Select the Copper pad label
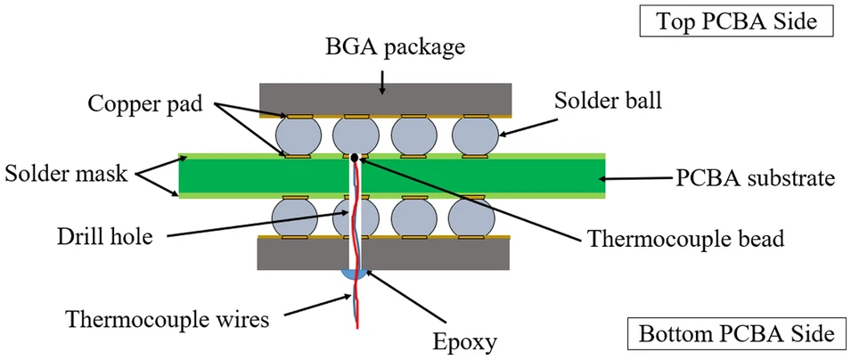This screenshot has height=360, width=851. click(145, 102)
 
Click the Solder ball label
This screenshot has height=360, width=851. click(608, 99)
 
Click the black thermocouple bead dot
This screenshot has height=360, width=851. click(355, 158)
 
